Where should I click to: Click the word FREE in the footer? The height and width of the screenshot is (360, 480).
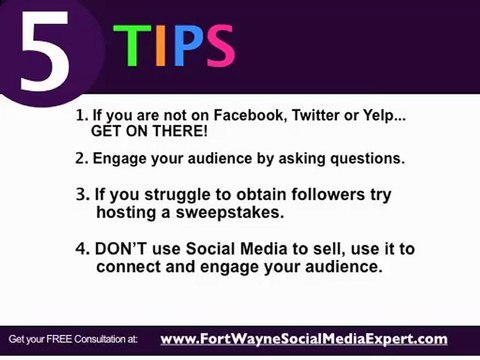(61, 341)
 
